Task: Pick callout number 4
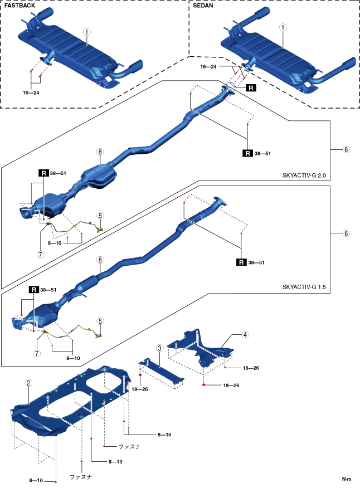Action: point(245,335)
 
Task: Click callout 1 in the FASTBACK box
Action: point(87,32)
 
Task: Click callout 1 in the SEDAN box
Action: point(283,27)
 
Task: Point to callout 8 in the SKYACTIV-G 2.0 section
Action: point(100,152)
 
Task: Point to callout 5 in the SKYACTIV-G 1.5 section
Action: point(100,321)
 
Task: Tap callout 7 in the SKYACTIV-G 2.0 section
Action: point(41,238)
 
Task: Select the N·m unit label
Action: point(347,479)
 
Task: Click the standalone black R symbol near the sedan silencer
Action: point(251,88)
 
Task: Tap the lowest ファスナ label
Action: point(80,477)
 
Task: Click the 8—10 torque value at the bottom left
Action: point(37,480)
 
